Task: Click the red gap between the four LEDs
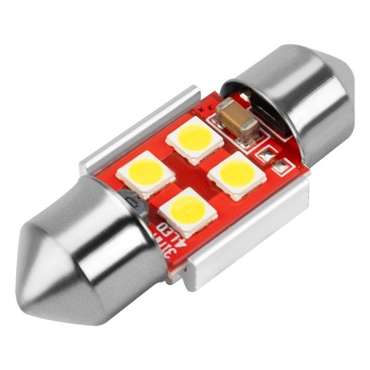tap(191, 174)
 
